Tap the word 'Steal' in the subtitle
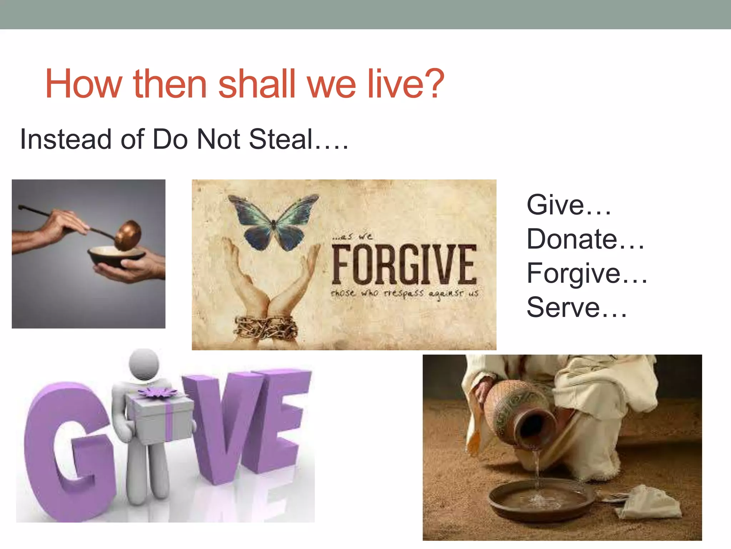pyautogui.click(x=281, y=139)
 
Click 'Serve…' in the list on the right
pyautogui.click(x=576, y=307)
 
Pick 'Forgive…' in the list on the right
pyautogui.click(x=586, y=273)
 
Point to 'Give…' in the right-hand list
pyautogui.click(x=568, y=205)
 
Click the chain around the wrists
pyautogui.click(x=266, y=327)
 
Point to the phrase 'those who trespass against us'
pyautogui.click(x=404, y=293)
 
